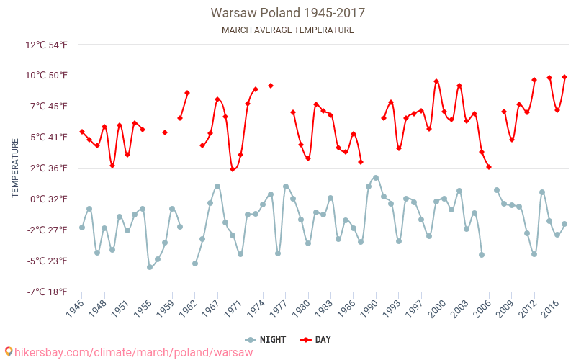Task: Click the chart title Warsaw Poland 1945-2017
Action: coord(288,13)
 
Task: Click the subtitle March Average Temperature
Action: coord(288,30)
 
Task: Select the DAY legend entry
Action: coord(316,339)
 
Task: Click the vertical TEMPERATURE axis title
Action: coord(15,168)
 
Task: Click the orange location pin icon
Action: coord(9,351)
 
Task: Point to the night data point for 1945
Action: coord(82,228)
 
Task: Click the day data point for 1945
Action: coord(82,132)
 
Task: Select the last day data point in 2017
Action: coord(564,77)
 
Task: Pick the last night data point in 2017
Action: coord(564,224)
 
